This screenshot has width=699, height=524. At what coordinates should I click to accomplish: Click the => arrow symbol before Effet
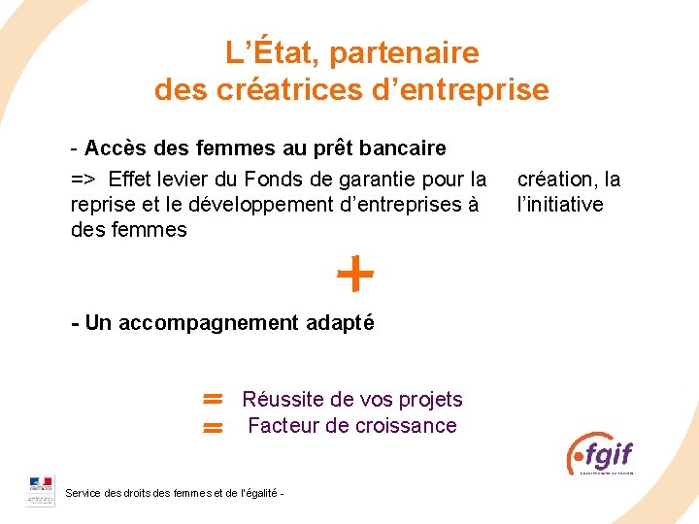[x=83, y=180]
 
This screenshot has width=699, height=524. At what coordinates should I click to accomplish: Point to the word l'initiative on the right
[x=560, y=205]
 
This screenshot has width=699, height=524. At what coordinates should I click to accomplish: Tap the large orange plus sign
[x=355, y=275]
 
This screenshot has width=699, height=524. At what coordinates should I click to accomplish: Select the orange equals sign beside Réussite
[x=214, y=398]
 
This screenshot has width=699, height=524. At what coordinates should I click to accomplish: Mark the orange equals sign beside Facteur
[x=214, y=427]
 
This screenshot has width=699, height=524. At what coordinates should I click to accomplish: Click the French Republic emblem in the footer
[x=41, y=490]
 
